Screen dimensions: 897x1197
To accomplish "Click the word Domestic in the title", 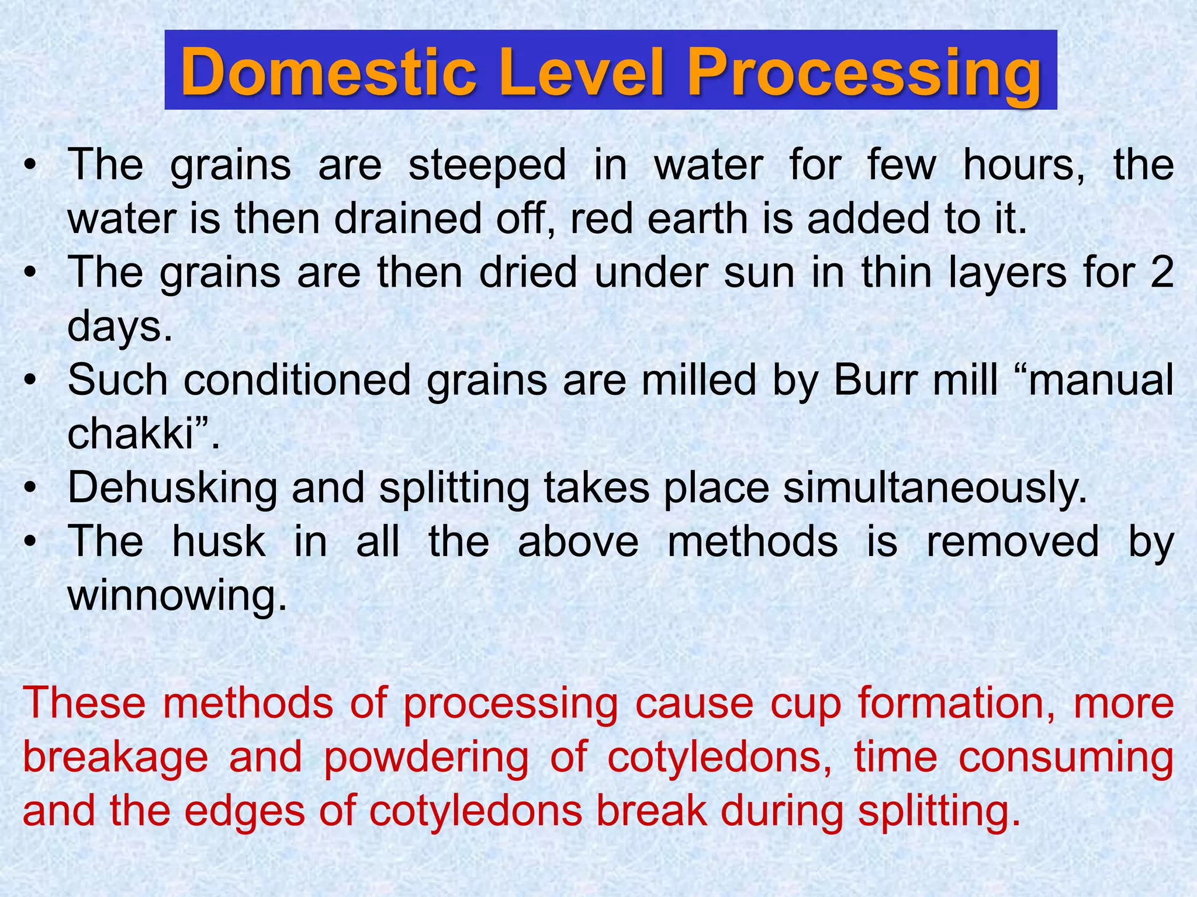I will (328, 73).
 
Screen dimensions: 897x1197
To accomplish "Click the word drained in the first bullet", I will (408, 219).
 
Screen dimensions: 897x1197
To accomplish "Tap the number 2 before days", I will (1161, 273).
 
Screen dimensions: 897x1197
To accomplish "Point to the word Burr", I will (874, 381).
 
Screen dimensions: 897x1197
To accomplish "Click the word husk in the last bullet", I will (219, 542).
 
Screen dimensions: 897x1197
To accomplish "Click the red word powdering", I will (426, 757).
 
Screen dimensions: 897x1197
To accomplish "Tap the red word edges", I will (244, 812).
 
